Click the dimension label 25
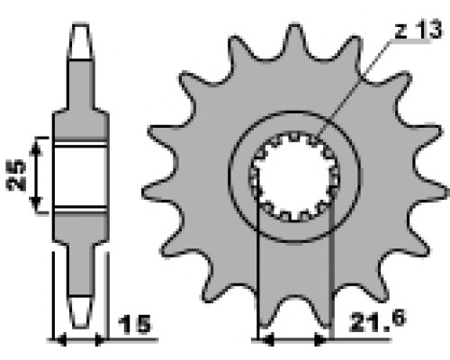(15, 175)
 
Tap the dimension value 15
(135, 324)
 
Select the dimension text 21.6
(378, 321)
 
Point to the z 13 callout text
(418, 29)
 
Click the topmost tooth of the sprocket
(294, 39)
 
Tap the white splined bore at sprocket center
(294, 177)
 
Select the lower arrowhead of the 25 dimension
(36, 204)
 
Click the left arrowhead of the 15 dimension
(61, 340)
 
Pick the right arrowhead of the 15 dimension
(99, 340)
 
